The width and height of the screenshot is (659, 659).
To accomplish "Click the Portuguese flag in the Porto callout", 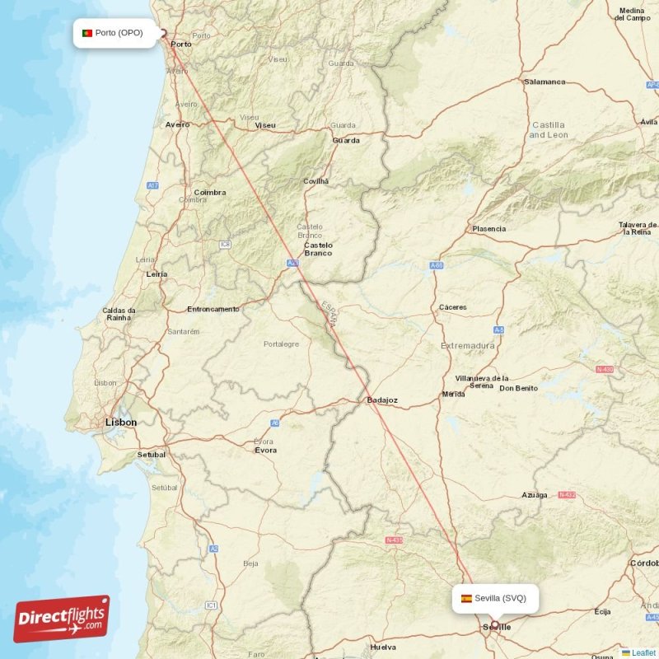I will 86,33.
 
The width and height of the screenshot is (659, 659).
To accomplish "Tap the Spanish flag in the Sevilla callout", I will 466,598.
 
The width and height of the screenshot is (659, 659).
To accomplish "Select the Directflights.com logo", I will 62,619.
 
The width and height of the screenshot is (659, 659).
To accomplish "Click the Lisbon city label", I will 120,422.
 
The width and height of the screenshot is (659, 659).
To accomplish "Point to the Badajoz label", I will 382,400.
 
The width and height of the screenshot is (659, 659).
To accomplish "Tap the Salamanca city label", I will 544,82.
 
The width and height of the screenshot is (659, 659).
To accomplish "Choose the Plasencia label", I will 488,229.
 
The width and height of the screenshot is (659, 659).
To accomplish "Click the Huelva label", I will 384,647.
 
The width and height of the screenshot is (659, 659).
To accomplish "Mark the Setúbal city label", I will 152,454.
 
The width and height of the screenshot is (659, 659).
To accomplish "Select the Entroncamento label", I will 213,309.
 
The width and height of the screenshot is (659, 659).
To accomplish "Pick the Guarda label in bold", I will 345,140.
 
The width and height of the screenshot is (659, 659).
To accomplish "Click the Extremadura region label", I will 468,346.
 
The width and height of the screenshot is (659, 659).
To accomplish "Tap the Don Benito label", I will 519,388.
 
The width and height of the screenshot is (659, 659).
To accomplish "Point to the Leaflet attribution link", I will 643,652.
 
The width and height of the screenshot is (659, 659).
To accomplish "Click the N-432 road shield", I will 567,495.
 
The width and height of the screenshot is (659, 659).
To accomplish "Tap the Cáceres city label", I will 452,307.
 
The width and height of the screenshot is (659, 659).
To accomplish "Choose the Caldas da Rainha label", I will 119,314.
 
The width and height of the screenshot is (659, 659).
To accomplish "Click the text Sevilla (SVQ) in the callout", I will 500,598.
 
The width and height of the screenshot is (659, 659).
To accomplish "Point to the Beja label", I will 250,563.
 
